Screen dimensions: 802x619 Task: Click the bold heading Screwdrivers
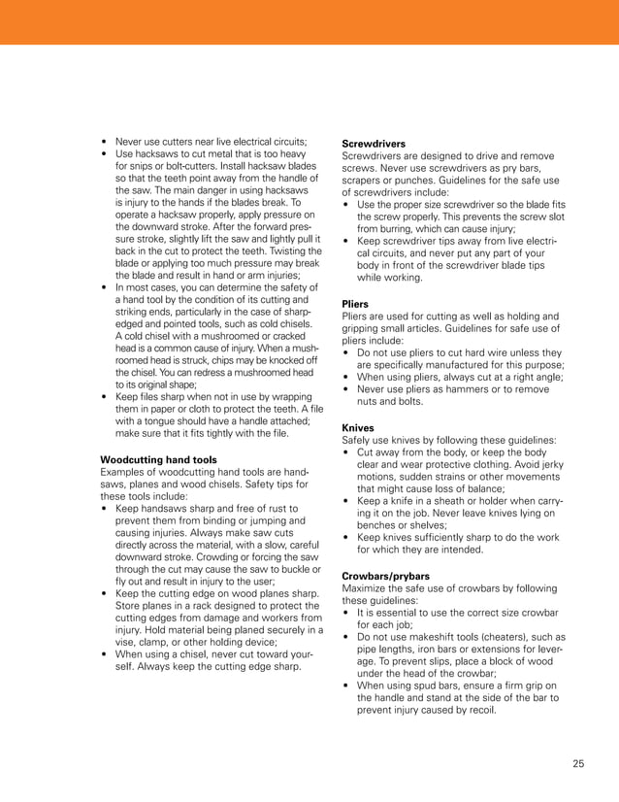click(375, 144)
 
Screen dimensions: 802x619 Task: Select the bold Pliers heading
click(356, 304)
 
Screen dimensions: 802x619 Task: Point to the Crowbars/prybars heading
click(387, 576)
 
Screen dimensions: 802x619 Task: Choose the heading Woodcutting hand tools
click(158, 459)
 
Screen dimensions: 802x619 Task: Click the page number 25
click(578, 764)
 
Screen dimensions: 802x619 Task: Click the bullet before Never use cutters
click(104, 141)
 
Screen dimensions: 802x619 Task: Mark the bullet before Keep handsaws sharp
click(104, 508)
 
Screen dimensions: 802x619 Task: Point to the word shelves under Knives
click(420, 525)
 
